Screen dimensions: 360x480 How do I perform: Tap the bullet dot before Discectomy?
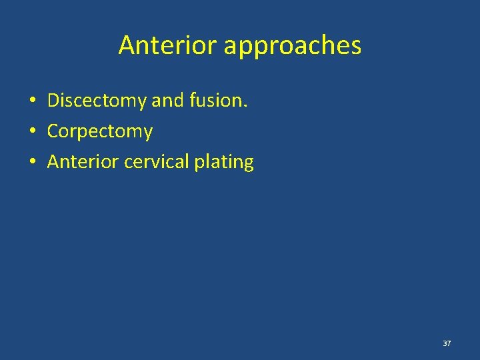click(32, 101)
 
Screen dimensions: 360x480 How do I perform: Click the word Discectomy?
click(97, 101)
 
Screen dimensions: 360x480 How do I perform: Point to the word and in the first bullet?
click(165, 101)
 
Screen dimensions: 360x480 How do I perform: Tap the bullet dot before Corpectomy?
click(32, 131)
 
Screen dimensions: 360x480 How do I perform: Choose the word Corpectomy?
click(100, 132)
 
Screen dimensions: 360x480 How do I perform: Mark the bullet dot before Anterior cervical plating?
click(32, 162)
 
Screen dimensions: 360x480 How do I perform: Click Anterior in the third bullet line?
click(82, 162)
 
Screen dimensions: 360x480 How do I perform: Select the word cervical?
click(155, 162)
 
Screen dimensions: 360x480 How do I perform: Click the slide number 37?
click(447, 343)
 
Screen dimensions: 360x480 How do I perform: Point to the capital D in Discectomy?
click(53, 101)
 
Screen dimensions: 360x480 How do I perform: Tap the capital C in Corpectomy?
click(53, 131)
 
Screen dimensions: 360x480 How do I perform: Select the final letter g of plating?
click(249, 164)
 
